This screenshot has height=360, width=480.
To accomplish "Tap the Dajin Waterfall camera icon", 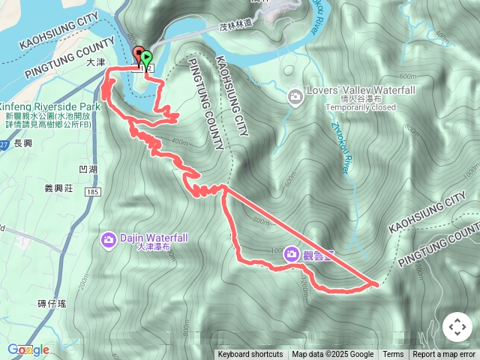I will (108, 239).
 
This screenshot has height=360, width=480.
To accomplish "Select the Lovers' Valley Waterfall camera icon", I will (295, 96).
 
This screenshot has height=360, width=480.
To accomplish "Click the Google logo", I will (28, 349).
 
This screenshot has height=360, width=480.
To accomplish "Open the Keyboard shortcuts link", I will (250, 355).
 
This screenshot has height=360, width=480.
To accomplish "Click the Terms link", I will (393, 355).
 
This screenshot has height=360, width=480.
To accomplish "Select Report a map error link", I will (444, 355).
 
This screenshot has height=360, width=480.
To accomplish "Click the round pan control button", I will (457, 327).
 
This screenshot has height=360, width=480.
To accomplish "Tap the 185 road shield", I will (93, 193).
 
